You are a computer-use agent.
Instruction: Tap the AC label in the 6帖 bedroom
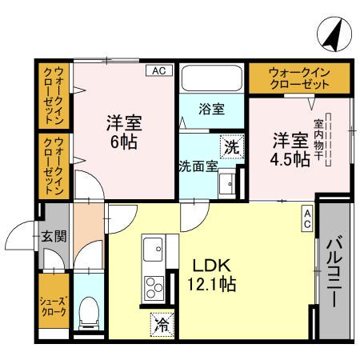[x=158, y=70]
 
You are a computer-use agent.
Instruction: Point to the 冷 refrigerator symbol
[x=162, y=324]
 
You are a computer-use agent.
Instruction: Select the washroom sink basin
[x=228, y=183]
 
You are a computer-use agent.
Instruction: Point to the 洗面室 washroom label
[x=197, y=166]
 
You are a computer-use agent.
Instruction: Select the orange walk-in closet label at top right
[x=299, y=78]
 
